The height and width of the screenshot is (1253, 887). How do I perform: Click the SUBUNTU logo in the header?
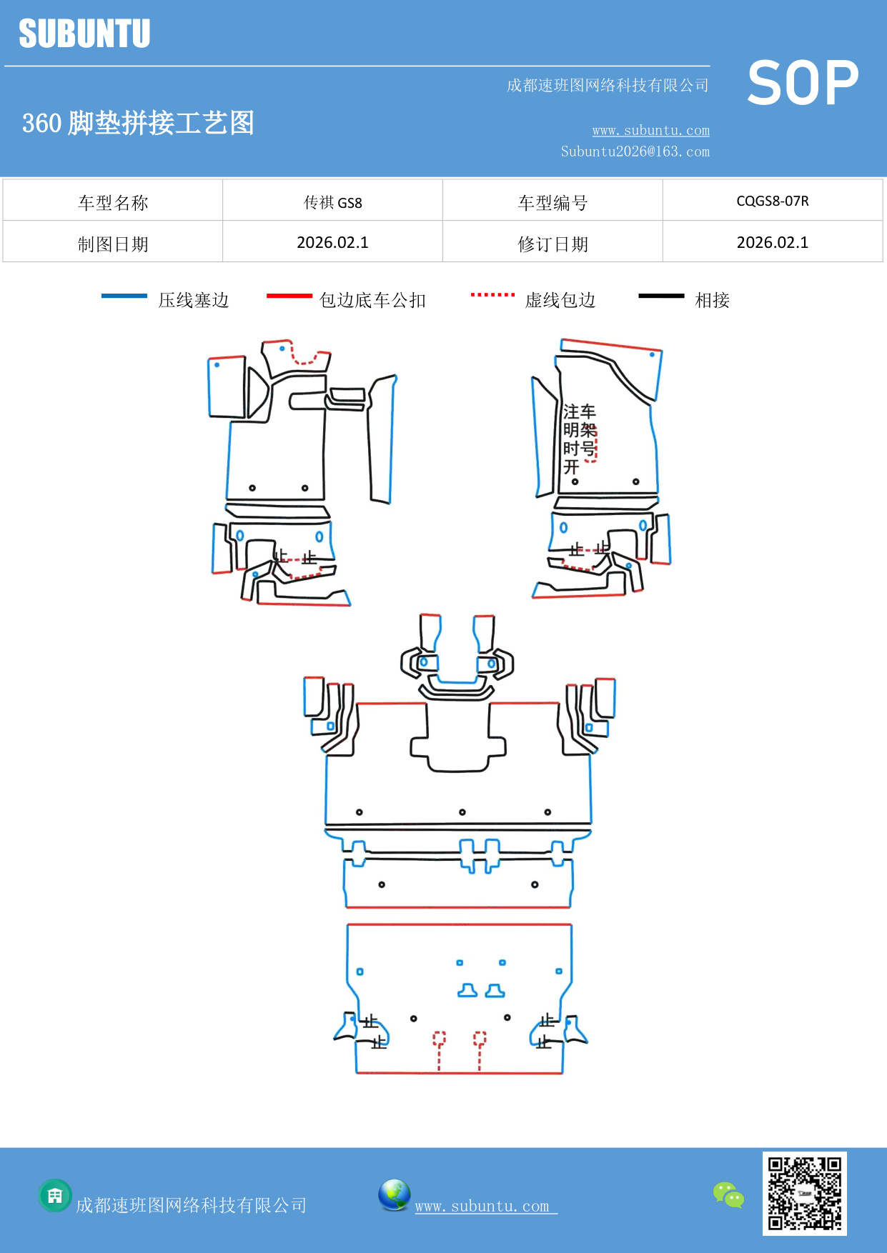coord(84,34)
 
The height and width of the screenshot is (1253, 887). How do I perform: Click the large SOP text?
coord(803,83)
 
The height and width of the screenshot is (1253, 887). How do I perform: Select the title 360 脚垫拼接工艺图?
coord(138,123)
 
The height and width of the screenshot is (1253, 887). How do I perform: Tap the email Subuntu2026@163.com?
coord(635,151)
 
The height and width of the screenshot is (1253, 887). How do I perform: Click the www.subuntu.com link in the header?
coord(650,130)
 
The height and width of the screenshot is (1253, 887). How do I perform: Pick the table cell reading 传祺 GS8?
coord(332,202)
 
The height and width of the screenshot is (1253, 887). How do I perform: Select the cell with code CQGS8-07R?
coord(772,201)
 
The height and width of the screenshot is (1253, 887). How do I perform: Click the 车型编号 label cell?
coord(552,203)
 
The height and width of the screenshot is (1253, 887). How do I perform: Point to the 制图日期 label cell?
coord(113,244)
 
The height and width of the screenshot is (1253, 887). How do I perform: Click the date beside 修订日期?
coord(772,242)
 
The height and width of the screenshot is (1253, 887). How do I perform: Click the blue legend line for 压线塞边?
coord(124,296)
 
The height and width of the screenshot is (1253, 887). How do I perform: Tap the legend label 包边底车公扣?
coord(372,300)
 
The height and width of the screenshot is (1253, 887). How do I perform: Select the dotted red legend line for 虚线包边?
coord(492,294)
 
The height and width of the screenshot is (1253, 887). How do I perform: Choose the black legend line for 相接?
coord(661,296)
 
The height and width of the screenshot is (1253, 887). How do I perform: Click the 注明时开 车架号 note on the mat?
coord(579,439)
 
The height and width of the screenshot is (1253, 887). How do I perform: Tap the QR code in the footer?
coord(804,1193)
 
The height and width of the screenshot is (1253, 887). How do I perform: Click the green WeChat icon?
coord(728,1194)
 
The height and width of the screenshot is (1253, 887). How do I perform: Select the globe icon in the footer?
coord(394,1195)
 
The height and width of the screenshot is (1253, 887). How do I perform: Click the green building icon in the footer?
coord(55,1195)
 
